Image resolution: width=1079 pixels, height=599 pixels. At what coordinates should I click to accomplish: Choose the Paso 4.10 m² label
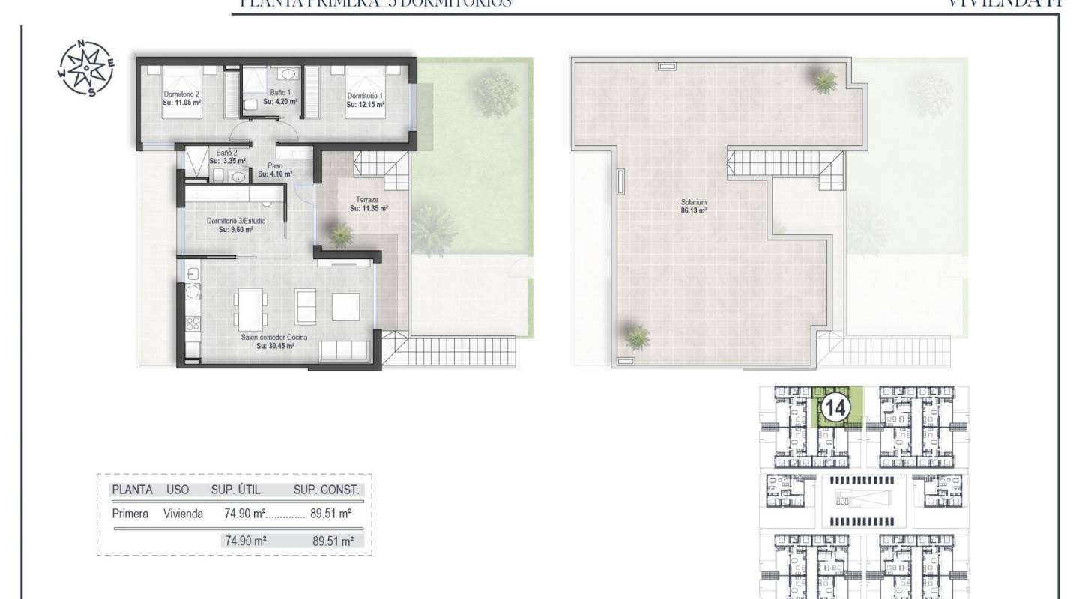pos(275,170)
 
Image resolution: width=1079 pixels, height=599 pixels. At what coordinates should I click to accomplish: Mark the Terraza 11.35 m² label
pos(369,204)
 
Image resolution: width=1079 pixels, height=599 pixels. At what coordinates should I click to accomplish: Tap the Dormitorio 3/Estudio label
pos(235,225)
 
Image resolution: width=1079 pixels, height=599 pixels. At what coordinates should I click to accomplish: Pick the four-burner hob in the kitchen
pos(193,324)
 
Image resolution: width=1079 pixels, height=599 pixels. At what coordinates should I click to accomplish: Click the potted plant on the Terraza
pos(341,236)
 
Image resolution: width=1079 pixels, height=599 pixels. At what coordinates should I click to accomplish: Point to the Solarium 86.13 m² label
pos(694,207)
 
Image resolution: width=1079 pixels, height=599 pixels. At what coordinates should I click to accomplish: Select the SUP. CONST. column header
pos(327,490)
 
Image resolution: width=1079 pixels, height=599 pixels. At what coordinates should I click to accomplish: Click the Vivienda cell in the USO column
pos(183,514)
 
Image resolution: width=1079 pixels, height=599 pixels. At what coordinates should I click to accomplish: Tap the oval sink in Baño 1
pos(288,74)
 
